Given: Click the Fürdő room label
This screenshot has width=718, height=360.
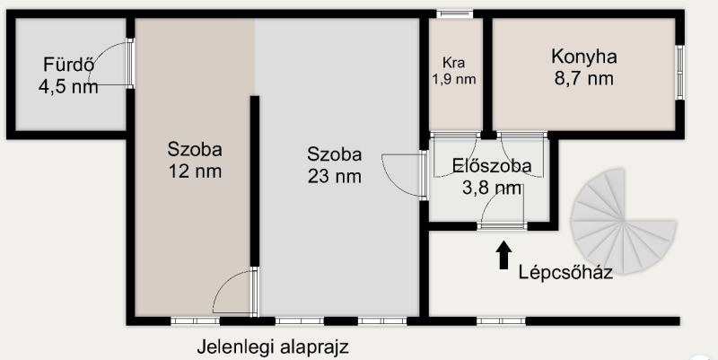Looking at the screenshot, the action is pos(66,65).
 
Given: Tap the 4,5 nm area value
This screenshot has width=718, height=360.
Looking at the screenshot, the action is pos(68,86).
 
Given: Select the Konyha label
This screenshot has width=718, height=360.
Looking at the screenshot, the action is pos(584,57).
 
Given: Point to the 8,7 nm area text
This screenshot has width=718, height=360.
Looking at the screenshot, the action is pos(584,78).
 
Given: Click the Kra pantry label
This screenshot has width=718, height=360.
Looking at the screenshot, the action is pos(454,62).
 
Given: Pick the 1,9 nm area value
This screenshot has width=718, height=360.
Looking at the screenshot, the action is pos(454,79).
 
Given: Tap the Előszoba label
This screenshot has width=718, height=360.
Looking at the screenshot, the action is pos(492,165).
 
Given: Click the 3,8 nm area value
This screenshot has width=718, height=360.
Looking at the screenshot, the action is pos(492,188).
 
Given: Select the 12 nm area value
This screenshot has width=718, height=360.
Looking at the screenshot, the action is pos(195,171).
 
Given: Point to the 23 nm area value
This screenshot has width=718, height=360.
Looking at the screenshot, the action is pos(334,176).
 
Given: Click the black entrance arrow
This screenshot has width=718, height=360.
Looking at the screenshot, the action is pos(503,255).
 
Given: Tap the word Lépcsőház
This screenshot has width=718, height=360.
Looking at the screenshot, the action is pos(565,273).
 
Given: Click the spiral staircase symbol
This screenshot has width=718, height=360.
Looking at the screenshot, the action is pos(623,221).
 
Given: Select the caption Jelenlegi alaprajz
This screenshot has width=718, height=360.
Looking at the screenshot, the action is pos(273,347).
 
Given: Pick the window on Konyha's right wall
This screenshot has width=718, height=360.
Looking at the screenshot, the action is pos(680,73).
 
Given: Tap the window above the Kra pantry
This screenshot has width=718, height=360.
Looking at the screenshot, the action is pos(455,14).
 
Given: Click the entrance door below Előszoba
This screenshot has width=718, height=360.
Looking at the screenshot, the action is pos(503,226).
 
